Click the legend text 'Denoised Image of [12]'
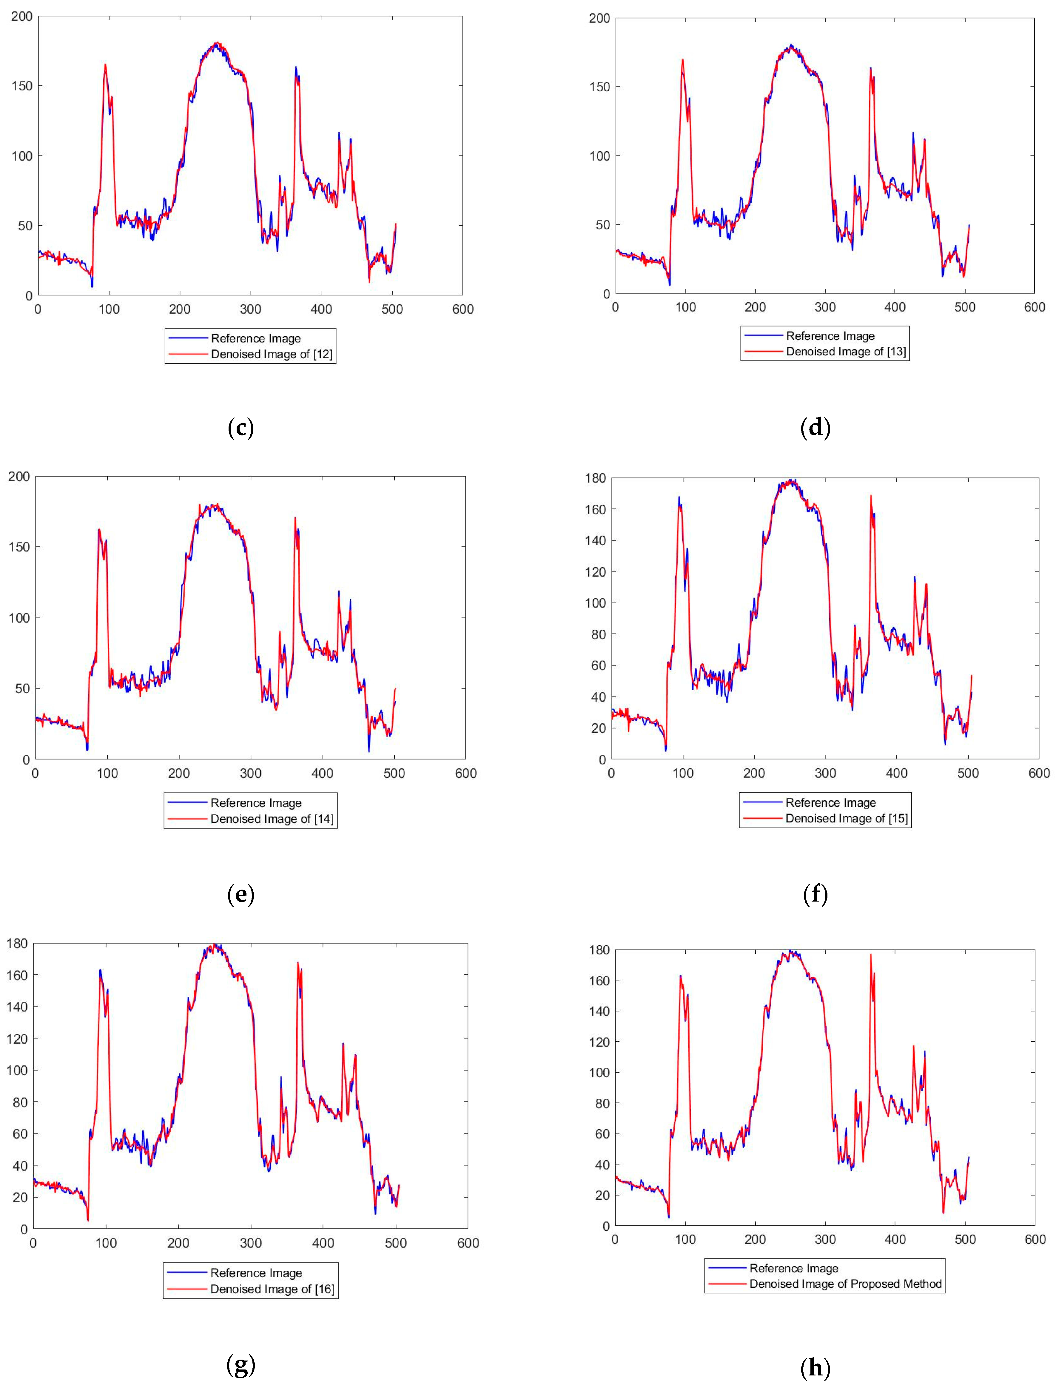272,354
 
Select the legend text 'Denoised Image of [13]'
846,352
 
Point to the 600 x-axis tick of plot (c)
463,309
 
